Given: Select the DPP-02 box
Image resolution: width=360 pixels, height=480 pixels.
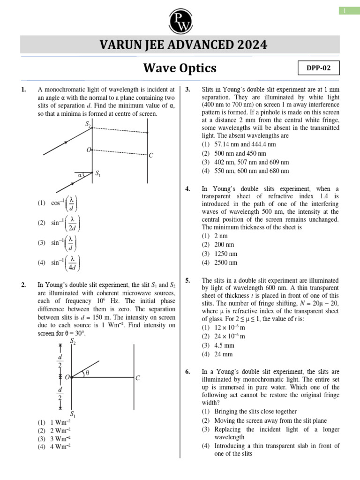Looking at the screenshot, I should point(318,68).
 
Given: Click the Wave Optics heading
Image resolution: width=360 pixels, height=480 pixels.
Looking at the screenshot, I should point(180,68).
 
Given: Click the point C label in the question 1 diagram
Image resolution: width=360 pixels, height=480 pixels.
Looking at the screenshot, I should point(151,155).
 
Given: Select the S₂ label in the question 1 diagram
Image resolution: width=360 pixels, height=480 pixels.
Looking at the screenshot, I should point(88,124).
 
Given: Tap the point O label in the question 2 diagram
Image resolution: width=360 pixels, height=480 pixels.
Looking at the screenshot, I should point(67,377).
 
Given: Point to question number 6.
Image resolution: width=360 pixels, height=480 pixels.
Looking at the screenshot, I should point(187,372).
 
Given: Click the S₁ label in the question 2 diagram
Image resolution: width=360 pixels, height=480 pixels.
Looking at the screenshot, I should point(73,414).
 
